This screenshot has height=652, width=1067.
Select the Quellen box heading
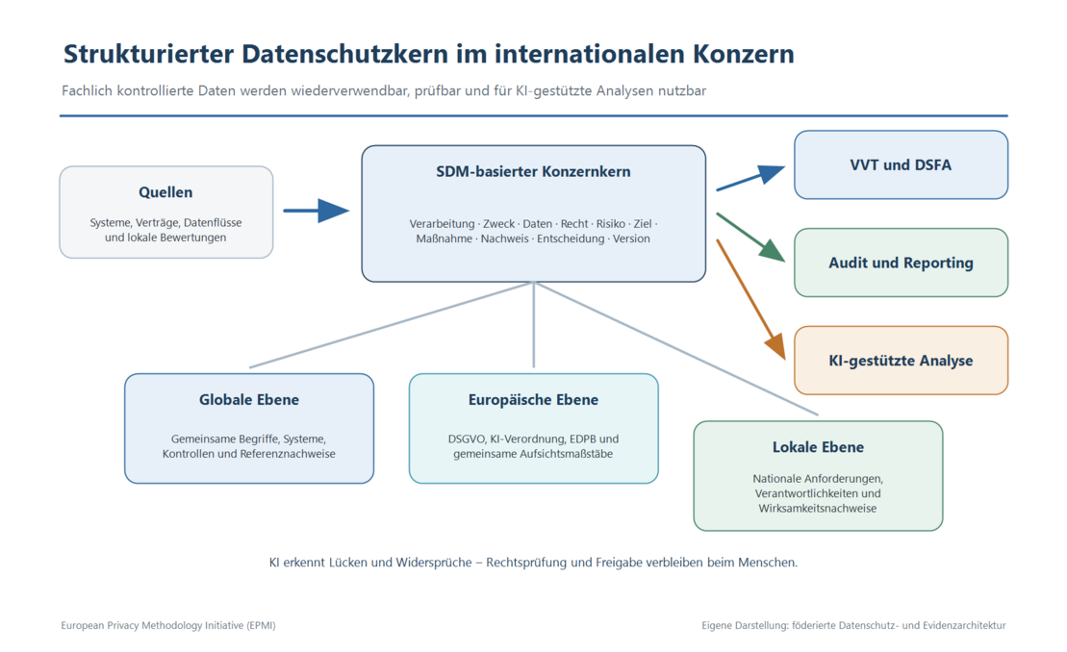click(165, 192)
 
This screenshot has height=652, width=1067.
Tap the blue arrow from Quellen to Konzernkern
click(317, 211)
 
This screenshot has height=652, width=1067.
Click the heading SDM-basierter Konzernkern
click(533, 171)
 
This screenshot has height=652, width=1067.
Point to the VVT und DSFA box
click(901, 164)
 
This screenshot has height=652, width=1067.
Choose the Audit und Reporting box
click(901, 263)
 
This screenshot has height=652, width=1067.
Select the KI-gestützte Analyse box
click(901, 361)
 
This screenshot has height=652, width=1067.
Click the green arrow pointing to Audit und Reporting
click(750, 238)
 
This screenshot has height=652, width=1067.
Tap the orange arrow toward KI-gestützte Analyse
click(750, 299)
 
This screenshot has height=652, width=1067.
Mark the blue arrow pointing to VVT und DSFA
click(750, 178)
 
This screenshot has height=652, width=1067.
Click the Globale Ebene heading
click(249, 400)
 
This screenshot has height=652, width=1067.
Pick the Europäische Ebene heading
click(533, 400)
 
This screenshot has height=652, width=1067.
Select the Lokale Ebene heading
click(818, 447)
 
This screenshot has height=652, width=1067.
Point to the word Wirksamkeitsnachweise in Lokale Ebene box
click(817, 509)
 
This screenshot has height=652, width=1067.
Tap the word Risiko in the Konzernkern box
click(610, 224)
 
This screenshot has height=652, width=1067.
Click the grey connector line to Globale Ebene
click(392, 325)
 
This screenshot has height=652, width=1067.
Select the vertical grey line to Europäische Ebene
click(533, 325)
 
